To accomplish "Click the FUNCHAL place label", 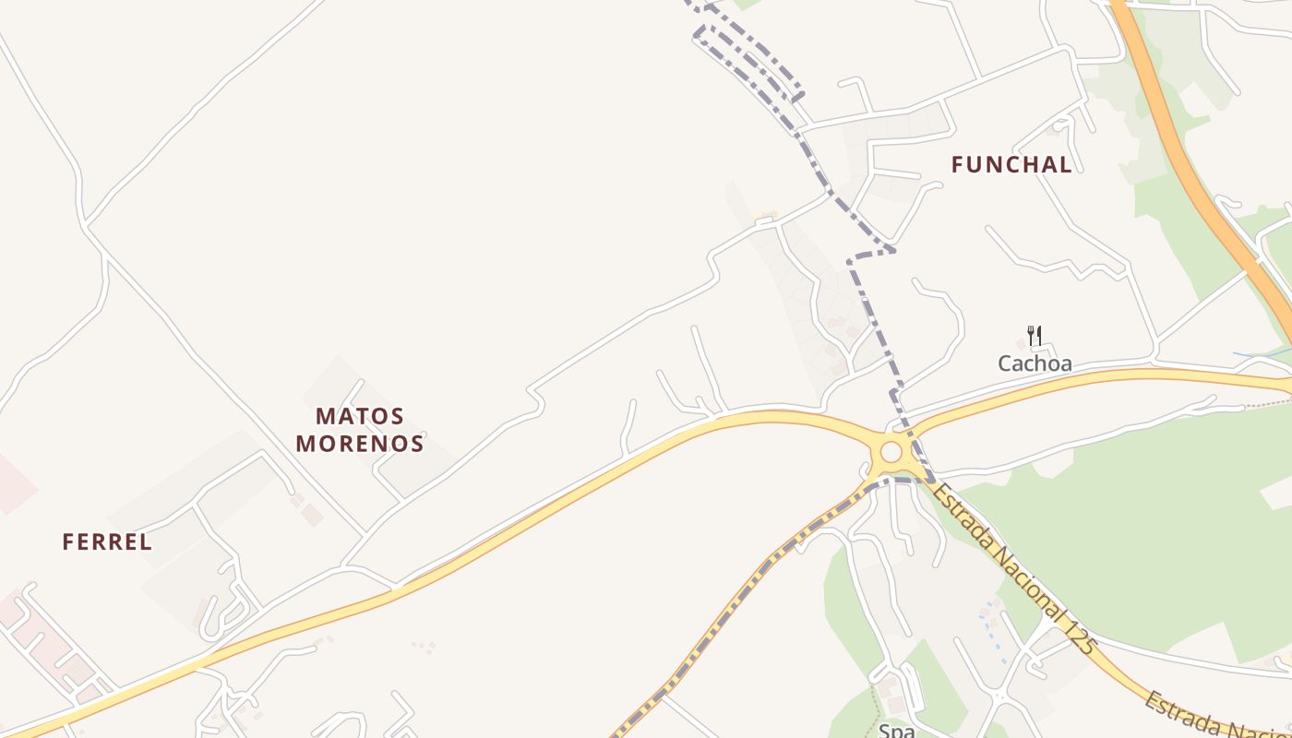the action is [1011, 165].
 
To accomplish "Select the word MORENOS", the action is [359, 444].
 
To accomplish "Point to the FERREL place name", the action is [107, 542].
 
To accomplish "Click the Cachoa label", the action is [1035, 363].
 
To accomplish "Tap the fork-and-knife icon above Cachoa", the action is [1035, 336].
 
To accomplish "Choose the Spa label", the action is [896, 731].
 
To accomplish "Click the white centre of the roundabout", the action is [891, 452].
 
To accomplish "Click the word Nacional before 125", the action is [1025, 582].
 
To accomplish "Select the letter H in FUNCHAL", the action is [1025, 165].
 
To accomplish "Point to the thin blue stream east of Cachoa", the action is [1260, 354].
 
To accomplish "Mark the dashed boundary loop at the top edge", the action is [748, 51].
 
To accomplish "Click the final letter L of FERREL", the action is [146, 542].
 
